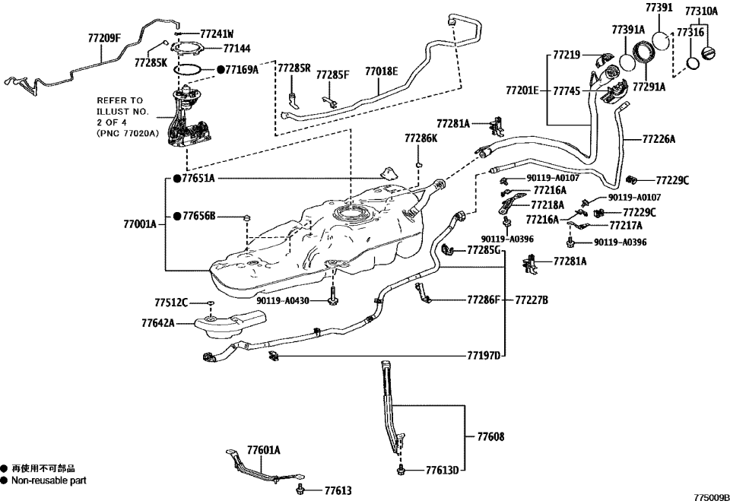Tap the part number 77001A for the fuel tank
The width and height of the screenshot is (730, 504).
click(x=139, y=224)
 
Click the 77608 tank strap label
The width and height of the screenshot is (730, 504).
click(x=490, y=437)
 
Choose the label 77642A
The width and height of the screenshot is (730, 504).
click(x=157, y=322)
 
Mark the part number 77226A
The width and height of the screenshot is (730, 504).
click(x=659, y=139)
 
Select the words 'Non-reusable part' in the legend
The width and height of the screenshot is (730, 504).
click(x=49, y=480)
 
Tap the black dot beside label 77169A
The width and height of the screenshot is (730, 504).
click(x=221, y=69)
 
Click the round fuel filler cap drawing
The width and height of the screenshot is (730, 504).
click(x=709, y=55)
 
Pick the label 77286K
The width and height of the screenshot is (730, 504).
click(x=421, y=139)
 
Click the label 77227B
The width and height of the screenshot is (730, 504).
click(x=532, y=300)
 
